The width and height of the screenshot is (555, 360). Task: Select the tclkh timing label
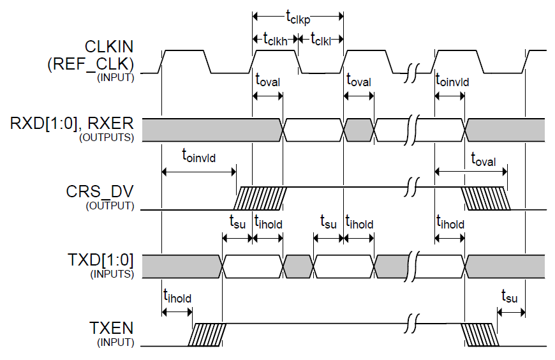coord(275,39)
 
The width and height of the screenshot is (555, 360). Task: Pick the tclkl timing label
coord(321,39)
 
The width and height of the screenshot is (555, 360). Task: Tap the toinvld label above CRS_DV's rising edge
coord(199,154)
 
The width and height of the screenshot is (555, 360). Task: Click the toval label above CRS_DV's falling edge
coord(483,160)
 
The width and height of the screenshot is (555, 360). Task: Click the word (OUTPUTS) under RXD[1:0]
coord(115,137)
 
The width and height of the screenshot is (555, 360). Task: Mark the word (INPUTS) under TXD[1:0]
coord(115,274)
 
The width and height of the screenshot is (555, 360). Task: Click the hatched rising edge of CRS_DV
coord(260,198)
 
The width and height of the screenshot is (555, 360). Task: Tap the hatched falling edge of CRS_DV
coord(487,198)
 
